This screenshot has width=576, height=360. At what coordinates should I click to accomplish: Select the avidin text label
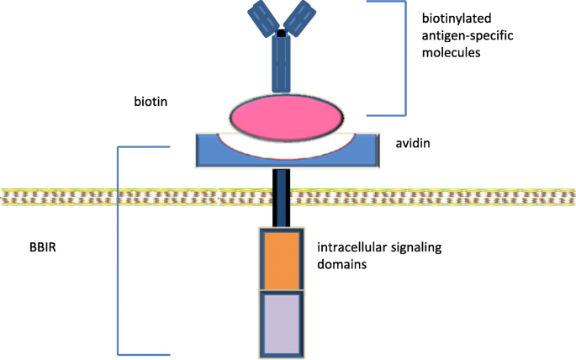414,144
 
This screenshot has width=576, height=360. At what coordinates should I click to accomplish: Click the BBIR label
42,249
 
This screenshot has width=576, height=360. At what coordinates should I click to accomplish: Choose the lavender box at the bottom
281,323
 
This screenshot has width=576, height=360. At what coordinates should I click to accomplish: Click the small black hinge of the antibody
281,34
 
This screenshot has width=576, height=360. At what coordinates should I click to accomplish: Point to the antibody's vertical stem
281,66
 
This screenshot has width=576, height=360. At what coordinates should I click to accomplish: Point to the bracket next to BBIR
119,249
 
